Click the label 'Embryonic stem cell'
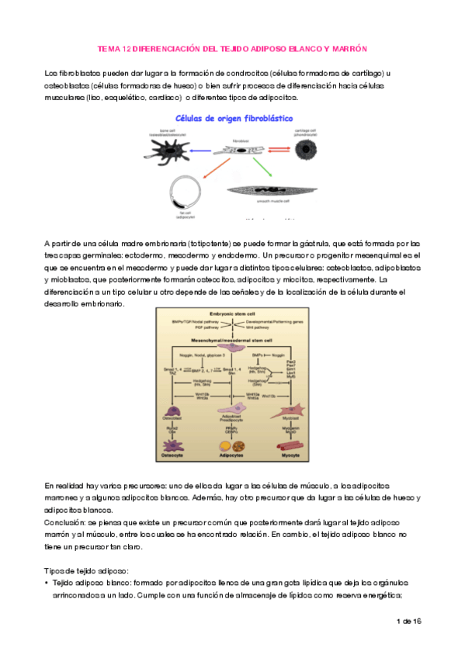point(233,313)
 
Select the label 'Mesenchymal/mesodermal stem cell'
point(233,339)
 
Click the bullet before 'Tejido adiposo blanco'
point(48,582)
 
